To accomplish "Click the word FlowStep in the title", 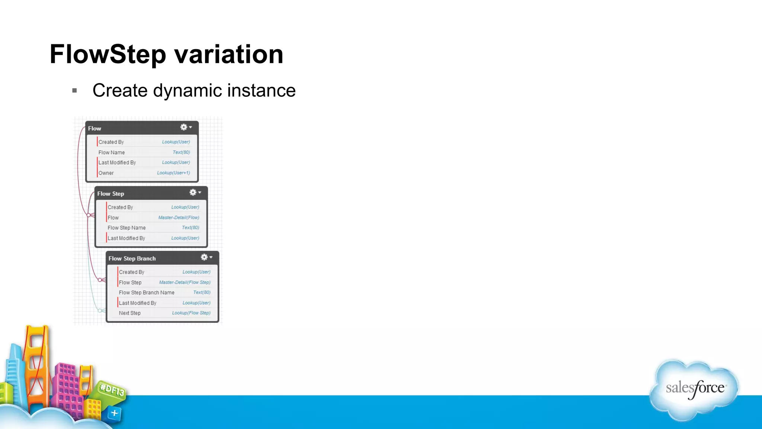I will click(108, 54).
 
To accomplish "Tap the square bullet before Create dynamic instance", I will click(74, 90).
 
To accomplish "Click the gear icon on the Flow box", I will click(184, 127).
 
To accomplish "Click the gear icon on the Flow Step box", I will click(193, 193).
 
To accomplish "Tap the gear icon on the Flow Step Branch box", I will click(204, 257).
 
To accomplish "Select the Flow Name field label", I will click(112, 152).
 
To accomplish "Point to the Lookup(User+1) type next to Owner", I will click(173, 173).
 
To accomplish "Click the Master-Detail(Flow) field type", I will click(179, 217).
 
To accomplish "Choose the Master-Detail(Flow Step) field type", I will click(185, 282).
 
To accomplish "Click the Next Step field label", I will click(129, 313).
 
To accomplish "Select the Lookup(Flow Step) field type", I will click(191, 313).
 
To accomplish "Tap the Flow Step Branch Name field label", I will click(147, 293).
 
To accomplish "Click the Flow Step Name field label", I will click(127, 228).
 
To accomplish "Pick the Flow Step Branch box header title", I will click(132, 258).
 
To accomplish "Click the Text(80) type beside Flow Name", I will click(181, 152).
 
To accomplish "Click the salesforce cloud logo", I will click(694, 389).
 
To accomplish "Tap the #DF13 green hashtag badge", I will click(112, 390).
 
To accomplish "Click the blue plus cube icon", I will click(115, 413).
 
